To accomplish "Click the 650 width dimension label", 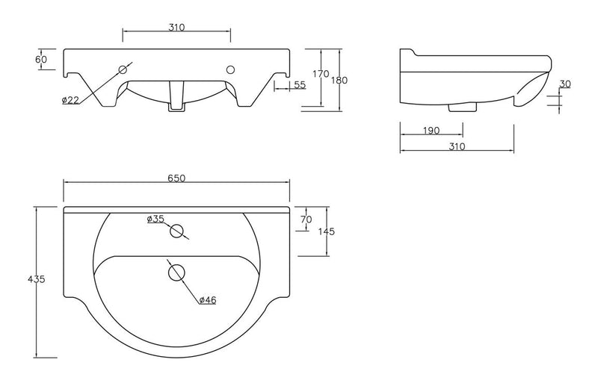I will point(176,178).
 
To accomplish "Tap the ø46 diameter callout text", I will point(208,300).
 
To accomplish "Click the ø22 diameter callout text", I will point(70,100).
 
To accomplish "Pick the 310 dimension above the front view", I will point(176,27).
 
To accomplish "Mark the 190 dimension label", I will point(431,131).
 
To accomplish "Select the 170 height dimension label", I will point(321,74).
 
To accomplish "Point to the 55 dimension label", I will point(299,85).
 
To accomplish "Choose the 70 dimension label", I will point(305,219).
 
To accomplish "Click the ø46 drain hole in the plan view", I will point(176,273).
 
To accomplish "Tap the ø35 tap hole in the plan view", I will point(177,231).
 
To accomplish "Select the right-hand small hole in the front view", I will point(230,70).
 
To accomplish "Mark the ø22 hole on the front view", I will point(123,70).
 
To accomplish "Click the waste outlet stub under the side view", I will point(461,108).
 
